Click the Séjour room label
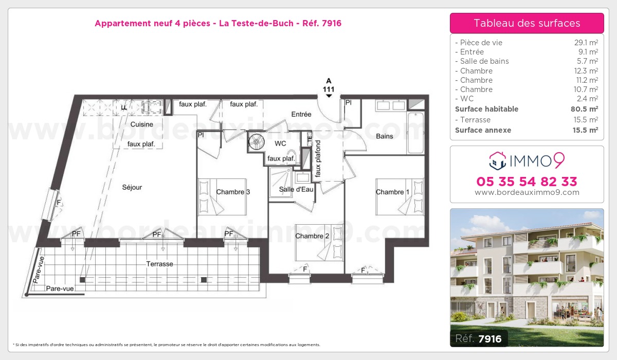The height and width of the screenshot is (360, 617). [132, 188]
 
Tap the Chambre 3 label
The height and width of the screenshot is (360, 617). [233, 192]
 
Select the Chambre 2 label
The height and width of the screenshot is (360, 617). [312, 236]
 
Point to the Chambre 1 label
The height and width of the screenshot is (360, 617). [392, 192]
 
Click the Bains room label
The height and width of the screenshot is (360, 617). [385, 136]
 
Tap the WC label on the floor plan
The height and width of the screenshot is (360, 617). [280, 143]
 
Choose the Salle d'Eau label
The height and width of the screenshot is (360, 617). [296, 189]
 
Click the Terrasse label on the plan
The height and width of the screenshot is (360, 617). [160, 264]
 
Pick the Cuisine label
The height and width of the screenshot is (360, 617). [141, 124]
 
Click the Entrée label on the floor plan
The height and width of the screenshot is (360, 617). [301, 114]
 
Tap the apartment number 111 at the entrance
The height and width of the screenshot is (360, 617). [329, 89]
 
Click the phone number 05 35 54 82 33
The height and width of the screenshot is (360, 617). [527, 182]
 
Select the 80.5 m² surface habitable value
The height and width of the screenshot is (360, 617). [584, 109]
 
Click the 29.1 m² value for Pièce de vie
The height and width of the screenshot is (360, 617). [586, 42]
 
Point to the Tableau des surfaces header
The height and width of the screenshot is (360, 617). [527, 23]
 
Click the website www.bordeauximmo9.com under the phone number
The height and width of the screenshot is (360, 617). [527, 192]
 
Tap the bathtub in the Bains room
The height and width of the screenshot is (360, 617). [415, 133]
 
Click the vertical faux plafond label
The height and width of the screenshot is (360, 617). [318, 158]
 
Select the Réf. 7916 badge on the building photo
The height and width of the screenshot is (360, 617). [479, 338]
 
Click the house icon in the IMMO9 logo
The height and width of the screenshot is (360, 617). [498, 161]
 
